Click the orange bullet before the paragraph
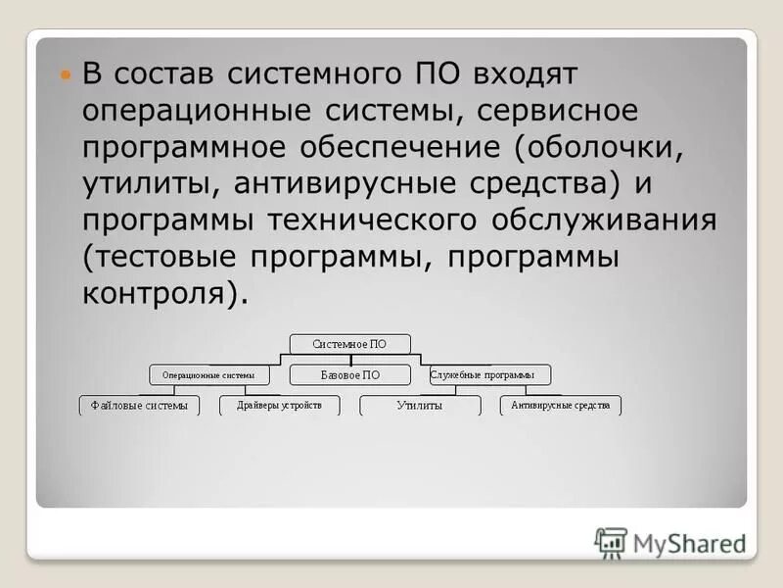coord(67,74)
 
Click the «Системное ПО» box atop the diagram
coord(349,344)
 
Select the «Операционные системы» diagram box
coord(207,374)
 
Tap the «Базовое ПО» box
coord(349,374)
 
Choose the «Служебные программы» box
coord(489,374)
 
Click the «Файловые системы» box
coord(138,405)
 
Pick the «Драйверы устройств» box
coord(279,405)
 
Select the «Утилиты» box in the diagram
coord(419,405)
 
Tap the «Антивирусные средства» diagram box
coord(560,405)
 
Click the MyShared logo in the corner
coord(670,541)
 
